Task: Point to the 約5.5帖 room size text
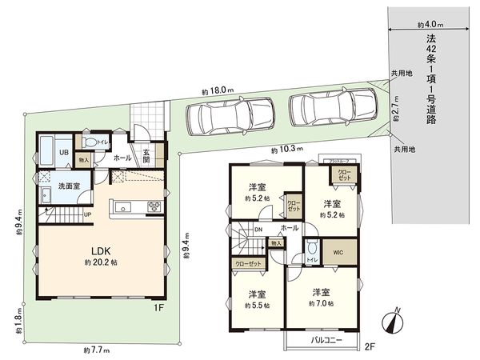point(258,305)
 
